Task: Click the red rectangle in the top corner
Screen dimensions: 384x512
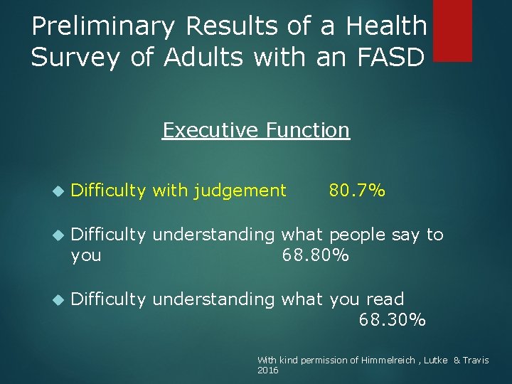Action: point(452,30)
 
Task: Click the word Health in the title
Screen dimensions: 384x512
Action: point(385,27)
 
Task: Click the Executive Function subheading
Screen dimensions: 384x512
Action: point(256,130)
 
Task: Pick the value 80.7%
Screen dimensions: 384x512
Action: point(356,190)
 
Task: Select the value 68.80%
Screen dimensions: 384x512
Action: point(316,255)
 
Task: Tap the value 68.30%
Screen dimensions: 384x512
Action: point(393,320)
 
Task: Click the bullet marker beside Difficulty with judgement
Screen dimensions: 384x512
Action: point(58,191)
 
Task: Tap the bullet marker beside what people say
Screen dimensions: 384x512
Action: point(58,235)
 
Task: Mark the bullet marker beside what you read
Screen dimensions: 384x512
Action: point(58,299)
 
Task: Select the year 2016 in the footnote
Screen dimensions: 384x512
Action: point(267,370)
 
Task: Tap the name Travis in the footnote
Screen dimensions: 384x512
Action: point(476,361)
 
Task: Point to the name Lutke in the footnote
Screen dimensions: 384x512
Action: point(435,361)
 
